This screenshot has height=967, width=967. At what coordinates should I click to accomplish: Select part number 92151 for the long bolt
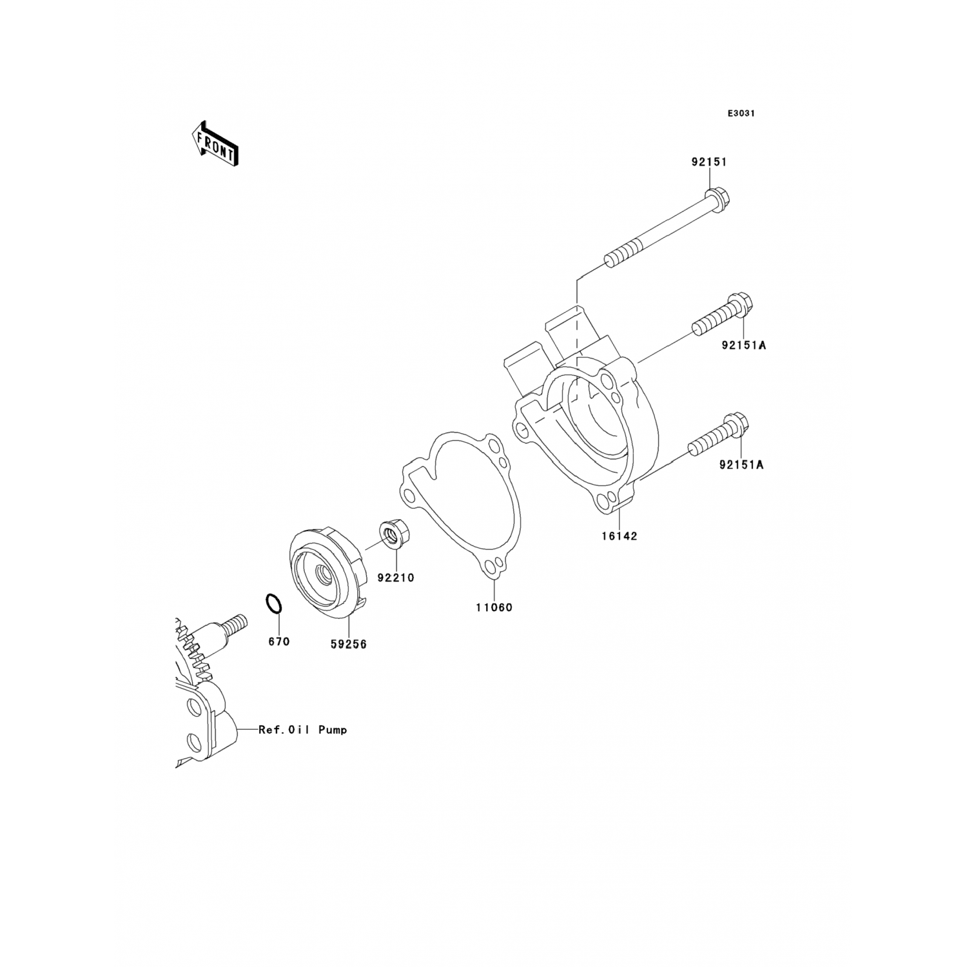pos(709,162)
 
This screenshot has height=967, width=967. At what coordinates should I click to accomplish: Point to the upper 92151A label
pos(743,346)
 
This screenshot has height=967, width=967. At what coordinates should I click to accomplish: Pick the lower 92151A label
pos(741,464)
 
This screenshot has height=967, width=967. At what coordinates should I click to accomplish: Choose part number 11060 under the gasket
pos(494,607)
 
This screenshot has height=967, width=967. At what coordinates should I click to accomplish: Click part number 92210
pos(396,578)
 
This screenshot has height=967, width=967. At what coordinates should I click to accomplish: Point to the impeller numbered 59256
pos(326,574)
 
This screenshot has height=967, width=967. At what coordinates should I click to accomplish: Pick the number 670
pos(278,641)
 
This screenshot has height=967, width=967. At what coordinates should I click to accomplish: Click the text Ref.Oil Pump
pos(302,730)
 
